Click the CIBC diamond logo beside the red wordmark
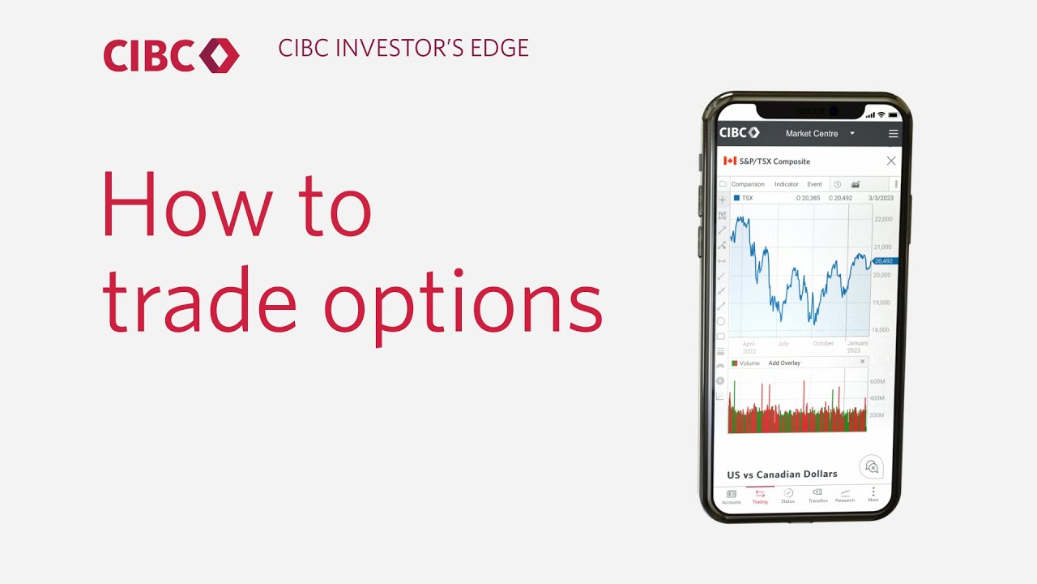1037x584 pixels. coord(220,55)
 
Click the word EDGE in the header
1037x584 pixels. coord(499,49)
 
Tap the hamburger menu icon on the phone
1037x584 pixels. coord(893,134)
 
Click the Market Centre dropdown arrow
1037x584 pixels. coord(852,133)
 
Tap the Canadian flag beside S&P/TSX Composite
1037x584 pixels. coord(729,161)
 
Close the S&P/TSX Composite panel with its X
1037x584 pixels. coord(891,161)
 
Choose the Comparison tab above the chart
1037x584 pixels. coord(748,184)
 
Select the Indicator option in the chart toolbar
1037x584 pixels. coord(786,184)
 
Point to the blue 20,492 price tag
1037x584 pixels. coord(884,261)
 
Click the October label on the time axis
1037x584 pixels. coord(823,344)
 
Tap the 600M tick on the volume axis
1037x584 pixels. coord(877,381)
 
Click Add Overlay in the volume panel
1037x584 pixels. coord(784,363)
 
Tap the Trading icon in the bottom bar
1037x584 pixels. coord(760,495)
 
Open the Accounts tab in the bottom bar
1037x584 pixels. coord(731,496)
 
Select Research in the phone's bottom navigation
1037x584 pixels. coord(845,495)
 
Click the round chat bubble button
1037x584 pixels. coord(871,466)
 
